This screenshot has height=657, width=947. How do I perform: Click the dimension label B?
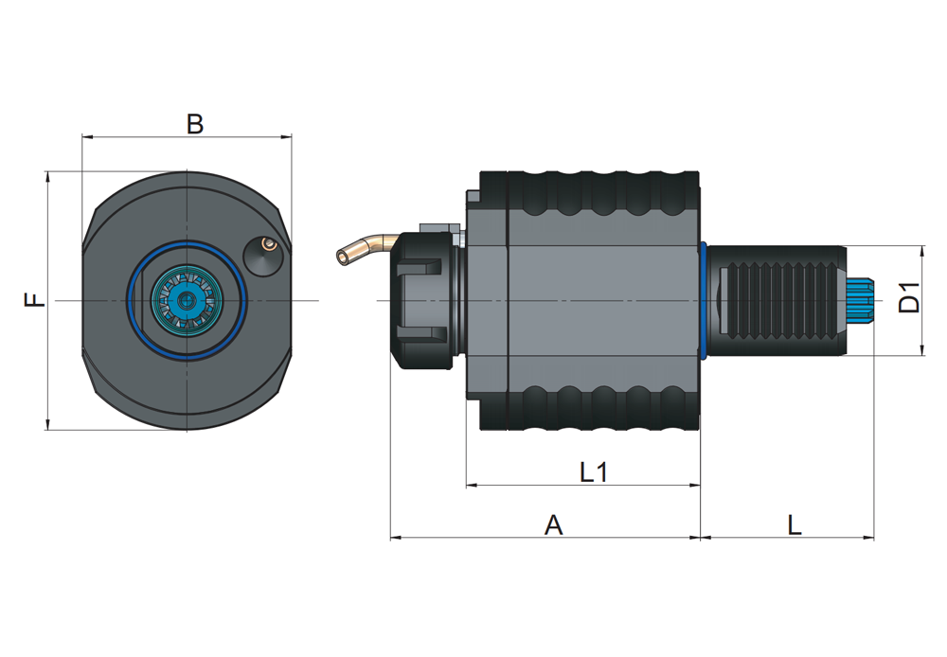coord(195,124)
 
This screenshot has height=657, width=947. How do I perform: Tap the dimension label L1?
coord(594,471)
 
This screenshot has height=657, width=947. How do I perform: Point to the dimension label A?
coord(553,524)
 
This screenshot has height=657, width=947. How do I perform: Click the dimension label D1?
coord(909,296)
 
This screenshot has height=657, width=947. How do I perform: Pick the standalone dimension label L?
coord(795,524)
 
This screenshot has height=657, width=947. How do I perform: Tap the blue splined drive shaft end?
coord(860,300)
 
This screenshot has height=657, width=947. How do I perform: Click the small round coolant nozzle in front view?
coord(263,255)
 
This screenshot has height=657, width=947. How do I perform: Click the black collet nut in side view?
coord(422,300)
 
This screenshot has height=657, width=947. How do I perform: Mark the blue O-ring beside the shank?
coord(703,300)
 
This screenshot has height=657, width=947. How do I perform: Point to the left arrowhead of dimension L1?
coord(472,485)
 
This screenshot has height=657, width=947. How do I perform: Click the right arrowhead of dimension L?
coord(868,537)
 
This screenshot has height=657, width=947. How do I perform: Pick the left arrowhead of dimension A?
coord(396,537)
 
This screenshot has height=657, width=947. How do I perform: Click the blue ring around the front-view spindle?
coord(187,242)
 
